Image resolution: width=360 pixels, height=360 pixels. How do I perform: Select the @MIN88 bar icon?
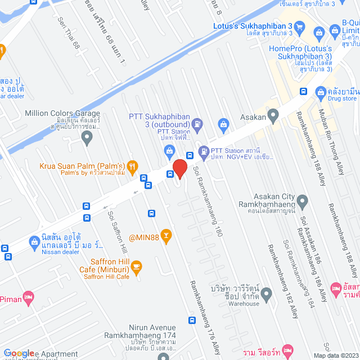165,235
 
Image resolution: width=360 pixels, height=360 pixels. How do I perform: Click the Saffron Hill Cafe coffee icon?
137,266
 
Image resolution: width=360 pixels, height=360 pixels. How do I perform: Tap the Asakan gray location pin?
273,117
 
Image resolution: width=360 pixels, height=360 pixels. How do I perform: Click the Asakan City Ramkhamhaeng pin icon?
302,201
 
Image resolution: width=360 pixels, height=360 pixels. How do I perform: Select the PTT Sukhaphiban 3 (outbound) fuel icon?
197,123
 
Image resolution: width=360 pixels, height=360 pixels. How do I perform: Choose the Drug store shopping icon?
321,92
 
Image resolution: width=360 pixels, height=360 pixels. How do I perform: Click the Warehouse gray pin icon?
267,294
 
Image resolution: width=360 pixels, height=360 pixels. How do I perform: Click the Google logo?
19,353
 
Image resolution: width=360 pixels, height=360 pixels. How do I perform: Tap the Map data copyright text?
335,355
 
